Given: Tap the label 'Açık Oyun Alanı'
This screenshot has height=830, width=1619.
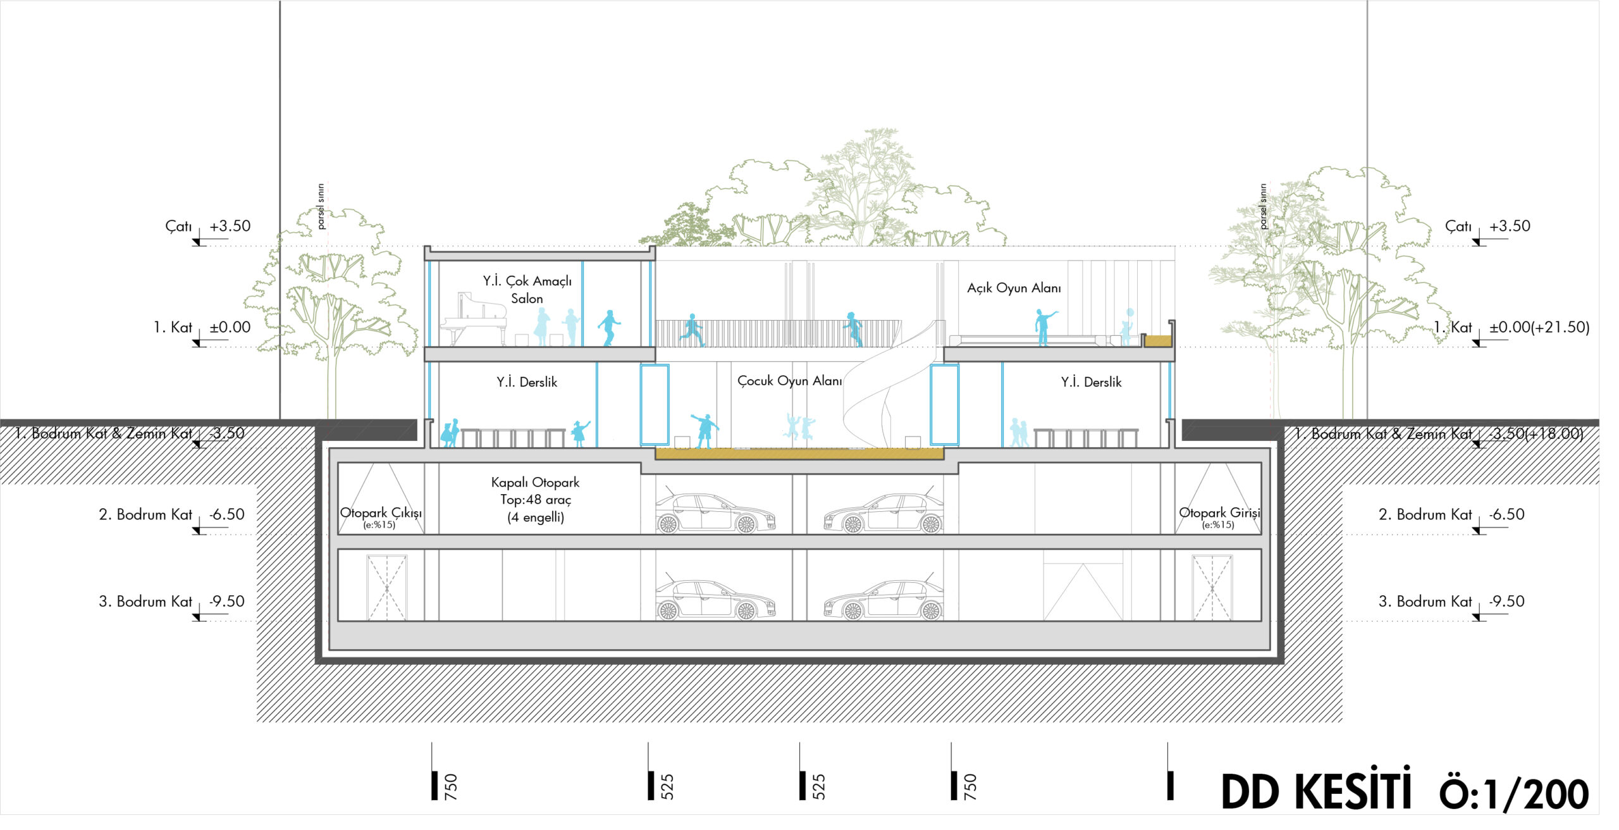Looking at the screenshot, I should pos(1014,288).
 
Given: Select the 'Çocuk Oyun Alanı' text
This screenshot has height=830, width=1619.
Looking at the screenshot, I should pos(789,381).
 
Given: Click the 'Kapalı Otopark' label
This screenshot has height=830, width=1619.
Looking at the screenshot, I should pos(535,483).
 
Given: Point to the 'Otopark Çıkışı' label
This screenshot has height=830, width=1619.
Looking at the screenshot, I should pos(381,513).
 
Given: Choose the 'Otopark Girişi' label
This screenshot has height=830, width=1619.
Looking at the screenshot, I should pos(1219,513).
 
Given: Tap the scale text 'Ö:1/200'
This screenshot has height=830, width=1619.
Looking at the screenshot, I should pos(1514,795).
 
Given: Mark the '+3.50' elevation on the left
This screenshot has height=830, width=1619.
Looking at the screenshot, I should pos(230,226).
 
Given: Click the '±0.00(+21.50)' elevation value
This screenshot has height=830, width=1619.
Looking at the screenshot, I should pos(1539,328).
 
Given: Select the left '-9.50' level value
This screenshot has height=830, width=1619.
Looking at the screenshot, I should pos(226,602).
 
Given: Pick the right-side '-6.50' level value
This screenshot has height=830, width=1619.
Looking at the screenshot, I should pos(1506,514).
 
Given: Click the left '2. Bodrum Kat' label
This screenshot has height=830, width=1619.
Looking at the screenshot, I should pos(145,515).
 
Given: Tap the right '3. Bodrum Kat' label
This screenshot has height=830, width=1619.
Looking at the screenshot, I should pos(1425,602).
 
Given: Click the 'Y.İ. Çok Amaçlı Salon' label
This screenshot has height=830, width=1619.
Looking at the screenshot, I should pos(527,290).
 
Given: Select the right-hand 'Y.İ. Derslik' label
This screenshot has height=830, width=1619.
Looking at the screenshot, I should pos(1091,382).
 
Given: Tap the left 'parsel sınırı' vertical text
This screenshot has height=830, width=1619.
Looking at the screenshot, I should pos(321,206).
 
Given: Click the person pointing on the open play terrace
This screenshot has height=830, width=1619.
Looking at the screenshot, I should pos(1043,326).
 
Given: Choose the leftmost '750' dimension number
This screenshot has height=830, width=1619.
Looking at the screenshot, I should pos(451,786).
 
